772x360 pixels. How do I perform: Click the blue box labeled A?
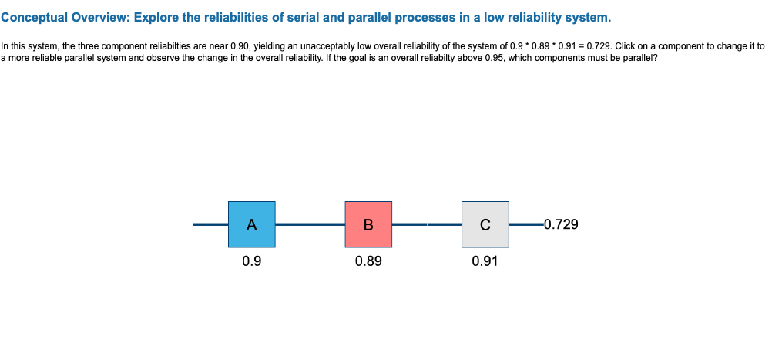tap(251, 224)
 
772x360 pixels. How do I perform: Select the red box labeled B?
tap(368, 224)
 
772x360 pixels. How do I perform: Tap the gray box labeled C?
tap(485, 224)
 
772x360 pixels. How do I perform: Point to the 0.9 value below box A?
tap(251, 261)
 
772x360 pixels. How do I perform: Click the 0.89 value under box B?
tap(368, 261)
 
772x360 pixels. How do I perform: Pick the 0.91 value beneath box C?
tap(485, 261)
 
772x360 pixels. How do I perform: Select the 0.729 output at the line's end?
tap(561, 225)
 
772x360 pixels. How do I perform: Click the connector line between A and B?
tap(310, 224)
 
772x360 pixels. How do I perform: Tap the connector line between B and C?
tap(427, 224)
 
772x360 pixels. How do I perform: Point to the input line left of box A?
tap(210, 224)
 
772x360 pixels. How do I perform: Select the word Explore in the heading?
tap(156, 17)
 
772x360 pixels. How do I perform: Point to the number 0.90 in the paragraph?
tap(241, 46)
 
